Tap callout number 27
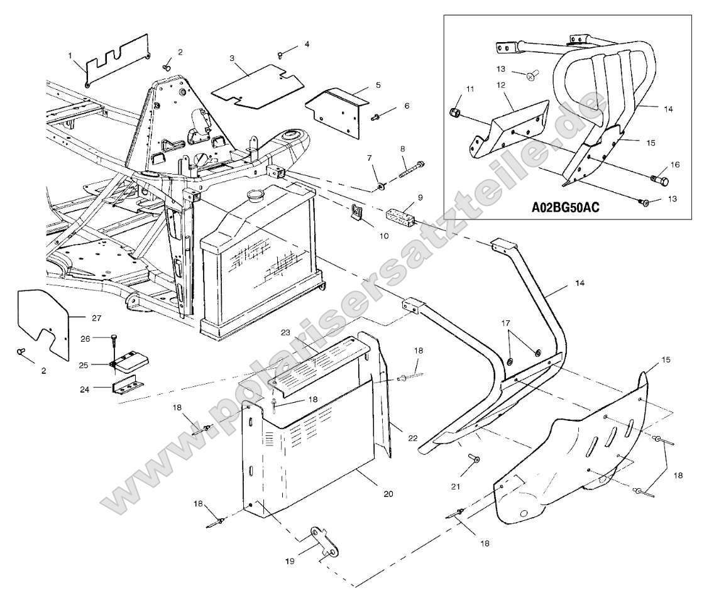[x=96, y=317]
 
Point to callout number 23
[x=285, y=332]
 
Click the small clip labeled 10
[x=356, y=215]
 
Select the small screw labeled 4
[x=281, y=55]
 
